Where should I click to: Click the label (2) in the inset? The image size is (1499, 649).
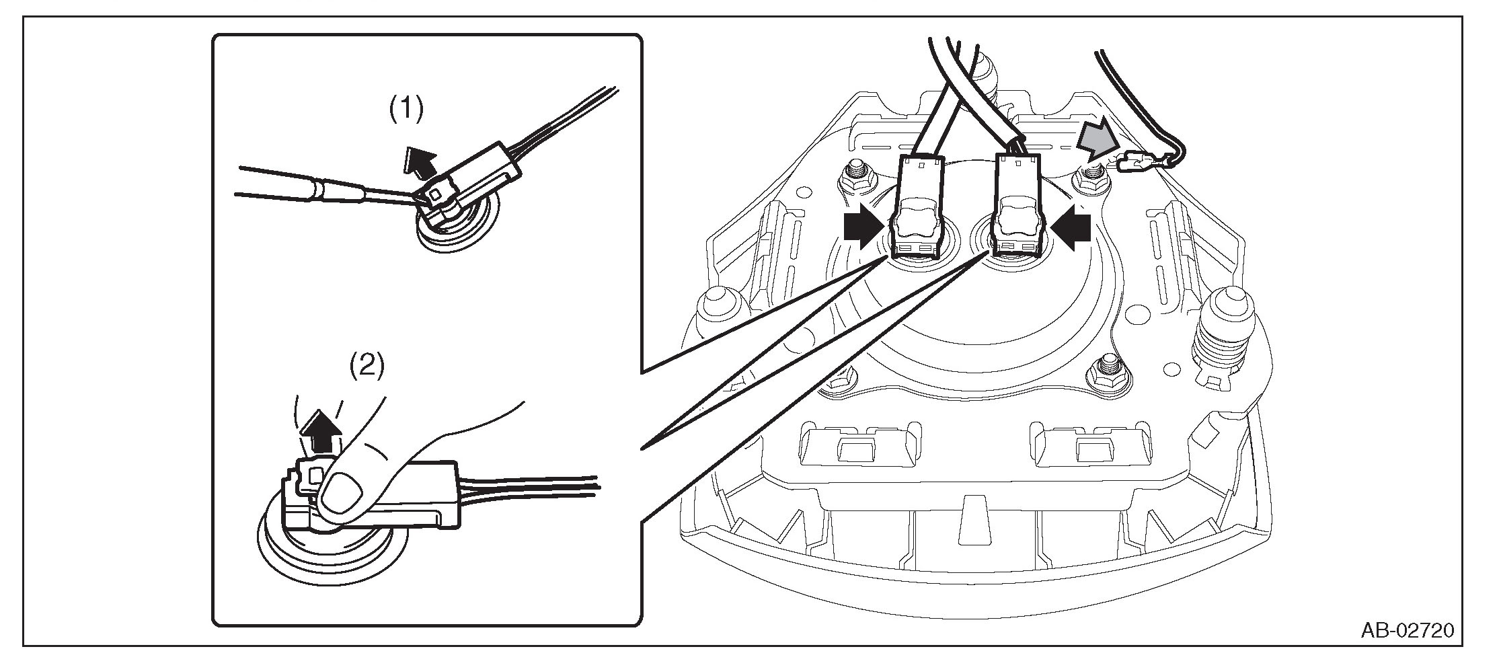367,366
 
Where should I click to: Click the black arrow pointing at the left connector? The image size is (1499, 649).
863,229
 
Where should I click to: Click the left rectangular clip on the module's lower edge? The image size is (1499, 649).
857,443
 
